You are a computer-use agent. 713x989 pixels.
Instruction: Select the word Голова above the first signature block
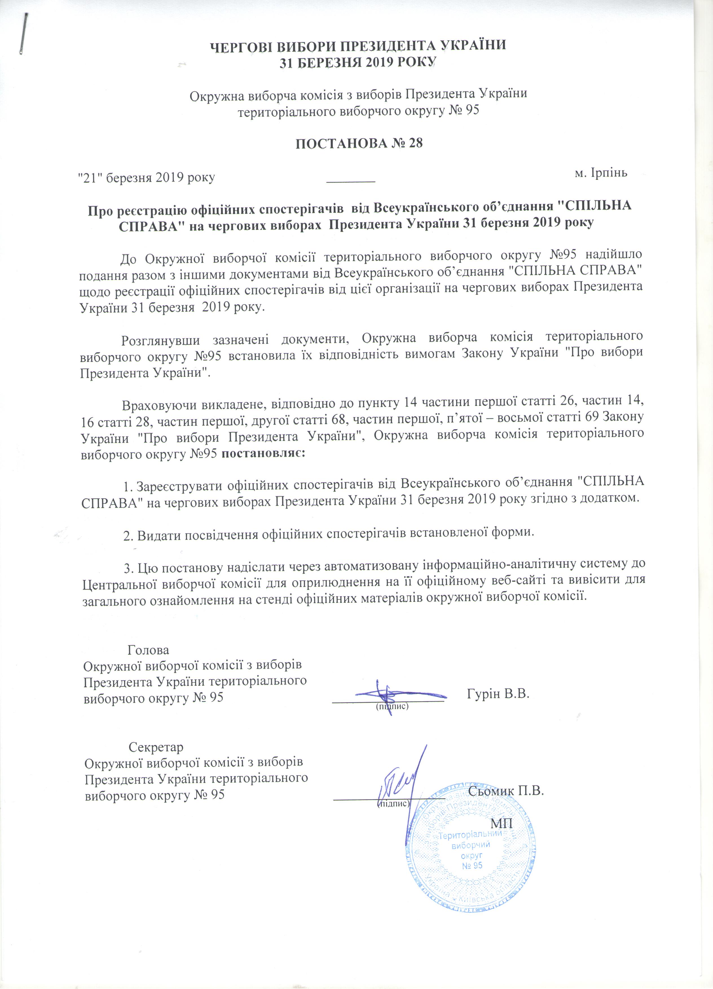coord(148,650)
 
